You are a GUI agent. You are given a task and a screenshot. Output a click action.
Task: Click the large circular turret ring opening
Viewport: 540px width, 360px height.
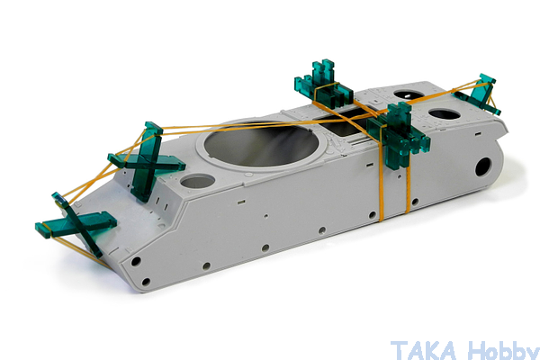pyautogui.click(x=260, y=144)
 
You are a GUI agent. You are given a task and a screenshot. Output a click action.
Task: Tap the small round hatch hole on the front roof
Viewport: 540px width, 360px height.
pyautogui.click(x=198, y=181)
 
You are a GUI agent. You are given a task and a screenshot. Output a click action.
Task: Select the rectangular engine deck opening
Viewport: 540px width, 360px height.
pyautogui.click(x=345, y=123)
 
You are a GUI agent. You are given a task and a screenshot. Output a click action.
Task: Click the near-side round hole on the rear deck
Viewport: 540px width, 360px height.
pyautogui.click(x=445, y=114)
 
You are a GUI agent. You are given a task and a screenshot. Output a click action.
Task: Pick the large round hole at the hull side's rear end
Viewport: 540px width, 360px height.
pyautogui.click(x=484, y=167)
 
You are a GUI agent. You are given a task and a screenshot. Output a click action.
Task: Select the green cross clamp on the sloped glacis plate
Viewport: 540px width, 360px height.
pyautogui.click(x=147, y=161)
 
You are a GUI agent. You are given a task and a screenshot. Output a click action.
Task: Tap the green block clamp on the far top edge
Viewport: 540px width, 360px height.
pyautogui.click(x=324, y=83)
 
